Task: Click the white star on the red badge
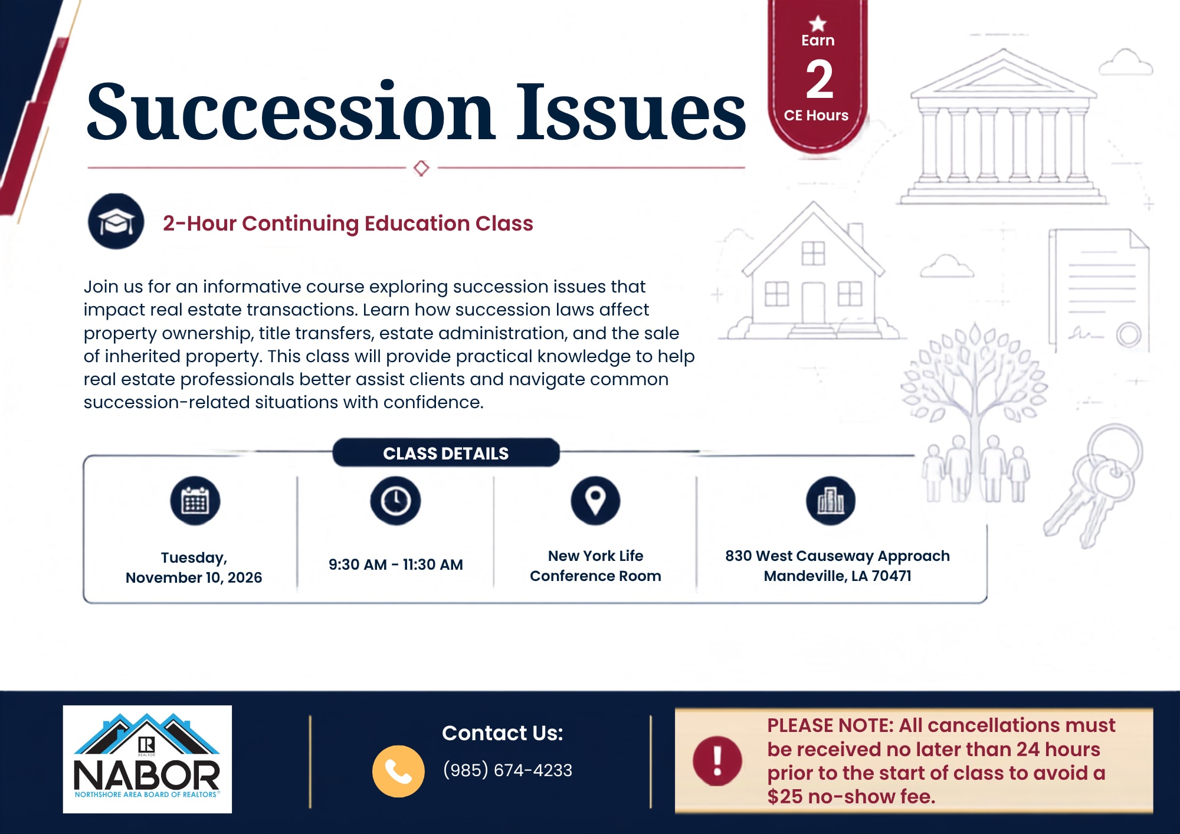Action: (818, 24)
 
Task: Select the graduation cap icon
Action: (116, 221)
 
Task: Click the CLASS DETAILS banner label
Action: (446, 453)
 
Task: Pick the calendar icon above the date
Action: (195, 501)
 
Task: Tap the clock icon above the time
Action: (395, 501)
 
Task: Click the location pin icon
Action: (595, 501)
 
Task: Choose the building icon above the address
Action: (831, 501)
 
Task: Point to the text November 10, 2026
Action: (194, 577)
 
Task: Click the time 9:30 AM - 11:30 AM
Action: (396, 564)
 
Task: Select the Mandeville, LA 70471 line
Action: (838, 576)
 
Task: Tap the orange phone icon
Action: (398, 771)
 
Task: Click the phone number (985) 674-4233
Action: (507, 770)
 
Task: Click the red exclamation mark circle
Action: (717, 761)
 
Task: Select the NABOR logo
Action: (147, 759)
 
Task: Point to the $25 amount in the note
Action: (785, 797)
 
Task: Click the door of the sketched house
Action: (813, 303)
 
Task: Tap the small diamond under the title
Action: (421, 168)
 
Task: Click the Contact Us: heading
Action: (503, 733)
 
